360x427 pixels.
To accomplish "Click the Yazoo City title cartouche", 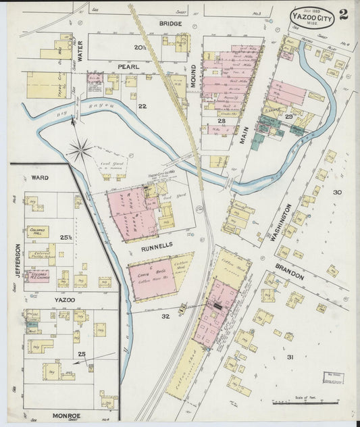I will click(x=312, y=17).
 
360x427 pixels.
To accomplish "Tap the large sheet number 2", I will click(x=344, y=15).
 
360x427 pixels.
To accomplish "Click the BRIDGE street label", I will click(x=171, y=23).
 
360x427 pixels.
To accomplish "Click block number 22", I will click(x=142, y=106).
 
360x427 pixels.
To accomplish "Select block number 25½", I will click(x=65, y=238).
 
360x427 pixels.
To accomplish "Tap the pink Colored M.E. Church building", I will click(x=37, y=276).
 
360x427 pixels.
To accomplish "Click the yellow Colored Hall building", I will click(x=38, y=231).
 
